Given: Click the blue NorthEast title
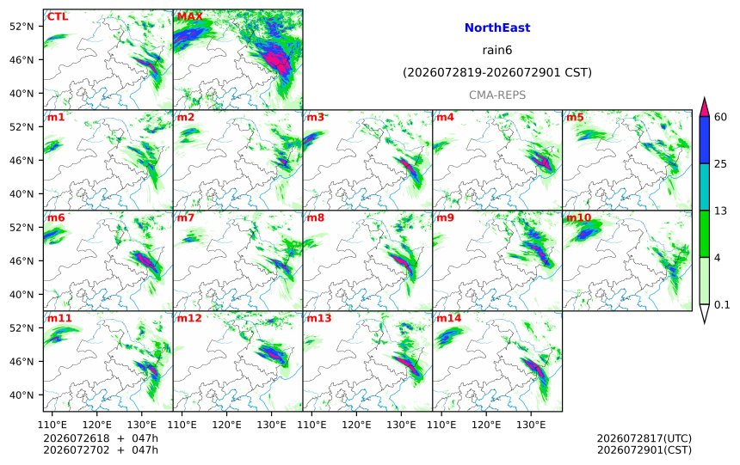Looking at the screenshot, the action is pos(497,28).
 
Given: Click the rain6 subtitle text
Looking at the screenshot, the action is pos(497,50).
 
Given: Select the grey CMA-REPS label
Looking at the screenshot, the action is pos(497,95).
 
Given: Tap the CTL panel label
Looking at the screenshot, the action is pos(58,16).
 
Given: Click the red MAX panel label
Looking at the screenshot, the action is pos(189,16).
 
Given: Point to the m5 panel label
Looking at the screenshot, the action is pos(574,117).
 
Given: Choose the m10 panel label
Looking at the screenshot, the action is pos(578,217).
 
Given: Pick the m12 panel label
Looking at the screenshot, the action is pos(189,318).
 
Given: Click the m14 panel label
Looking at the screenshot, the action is pos(449,318).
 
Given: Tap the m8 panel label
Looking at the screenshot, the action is pos(315,217).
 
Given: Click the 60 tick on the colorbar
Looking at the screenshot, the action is pos(720,117).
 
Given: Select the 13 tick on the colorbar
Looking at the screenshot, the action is pos(720,211).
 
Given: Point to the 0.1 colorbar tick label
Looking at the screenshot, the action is pos(722,304).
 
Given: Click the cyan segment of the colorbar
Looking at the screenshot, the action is pos(704,187).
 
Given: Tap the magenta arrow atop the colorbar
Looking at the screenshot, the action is pos(704,107).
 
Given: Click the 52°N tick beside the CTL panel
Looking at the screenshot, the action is pos(22,27).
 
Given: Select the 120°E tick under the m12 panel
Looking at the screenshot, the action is pos(226,425).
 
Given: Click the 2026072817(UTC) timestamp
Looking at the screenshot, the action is pos(644,438).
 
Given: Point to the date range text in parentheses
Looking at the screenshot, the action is pos(497,72).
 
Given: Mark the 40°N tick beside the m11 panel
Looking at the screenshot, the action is pos(22,395).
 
